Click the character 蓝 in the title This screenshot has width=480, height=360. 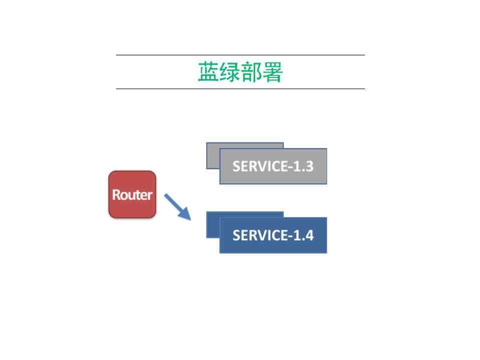pos(208,72)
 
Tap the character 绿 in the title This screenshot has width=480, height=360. pos(230,72)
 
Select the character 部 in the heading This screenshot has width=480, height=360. pos(251,72)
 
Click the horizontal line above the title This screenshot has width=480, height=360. pos(240,55)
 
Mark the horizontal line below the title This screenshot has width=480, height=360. pos(240,89)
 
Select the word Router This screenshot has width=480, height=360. pos(132,194)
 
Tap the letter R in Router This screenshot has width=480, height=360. pos(116,194)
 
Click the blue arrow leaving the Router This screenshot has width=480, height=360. pos(178,206)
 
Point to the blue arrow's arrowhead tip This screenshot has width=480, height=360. pos(191,219)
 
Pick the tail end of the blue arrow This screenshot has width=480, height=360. pos(167,195)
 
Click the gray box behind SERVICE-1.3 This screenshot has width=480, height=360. pos(213,156)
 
